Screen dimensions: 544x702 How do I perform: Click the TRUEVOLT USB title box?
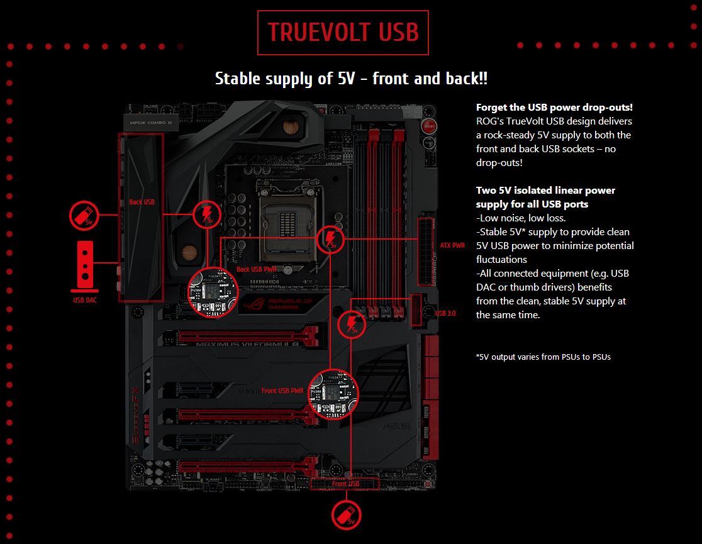[x=343, y=32]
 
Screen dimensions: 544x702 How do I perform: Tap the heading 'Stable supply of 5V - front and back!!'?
[x=351, y=79]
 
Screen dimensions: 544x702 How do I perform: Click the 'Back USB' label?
[x=142, y=202]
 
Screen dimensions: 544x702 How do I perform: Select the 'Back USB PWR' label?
[x=255, y=269]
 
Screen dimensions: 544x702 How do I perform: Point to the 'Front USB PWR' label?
[x=282, y=391]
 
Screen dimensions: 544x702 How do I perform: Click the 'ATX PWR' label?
[x=453, y=245]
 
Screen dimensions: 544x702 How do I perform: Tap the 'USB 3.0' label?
[x=445, y=313]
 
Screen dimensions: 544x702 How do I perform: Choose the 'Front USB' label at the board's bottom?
[x=345, y=484]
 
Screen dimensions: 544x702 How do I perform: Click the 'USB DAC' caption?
[x=85, y=300]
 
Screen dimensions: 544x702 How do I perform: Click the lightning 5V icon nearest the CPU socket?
[x=330, y=238]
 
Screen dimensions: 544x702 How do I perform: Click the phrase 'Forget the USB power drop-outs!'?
[x=554, y=107]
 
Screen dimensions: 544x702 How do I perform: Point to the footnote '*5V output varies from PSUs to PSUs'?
[x=543, y=357]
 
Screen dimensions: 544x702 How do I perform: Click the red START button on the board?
[x=430, y=126]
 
